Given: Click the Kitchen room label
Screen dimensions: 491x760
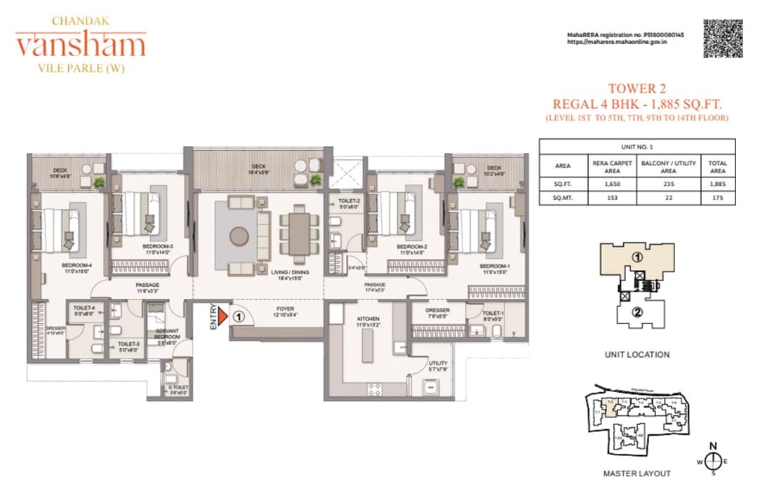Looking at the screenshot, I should (x=367, y=318).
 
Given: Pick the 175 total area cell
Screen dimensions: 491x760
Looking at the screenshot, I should (x=717, y=198).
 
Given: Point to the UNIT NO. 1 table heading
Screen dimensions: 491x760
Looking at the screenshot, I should (x=636, y=147).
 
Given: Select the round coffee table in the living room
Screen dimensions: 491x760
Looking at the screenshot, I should (x=239, y=236).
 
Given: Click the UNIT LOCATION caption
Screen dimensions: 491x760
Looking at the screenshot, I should (x=636, y=355).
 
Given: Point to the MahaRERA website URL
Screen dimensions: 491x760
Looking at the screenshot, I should (x=616, y=42).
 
